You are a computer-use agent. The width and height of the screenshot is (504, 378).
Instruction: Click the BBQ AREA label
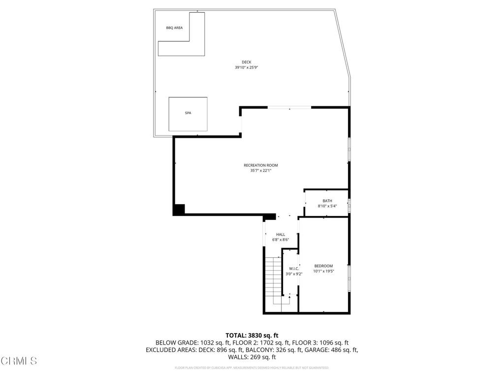coord(174,28)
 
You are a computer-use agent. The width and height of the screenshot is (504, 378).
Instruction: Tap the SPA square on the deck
coord(188,114)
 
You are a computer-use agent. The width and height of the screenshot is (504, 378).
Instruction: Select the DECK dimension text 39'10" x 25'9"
coord(246,67)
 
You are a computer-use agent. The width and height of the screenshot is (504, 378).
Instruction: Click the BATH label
coord(327,201)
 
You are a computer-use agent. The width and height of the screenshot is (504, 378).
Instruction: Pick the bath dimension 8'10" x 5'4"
coord(327,206)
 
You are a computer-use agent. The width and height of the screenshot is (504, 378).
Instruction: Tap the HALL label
coord(281,234)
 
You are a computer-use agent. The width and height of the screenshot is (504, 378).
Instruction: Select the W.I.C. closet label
coord(294,269)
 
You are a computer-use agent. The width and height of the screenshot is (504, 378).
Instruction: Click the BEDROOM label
coord(323,266)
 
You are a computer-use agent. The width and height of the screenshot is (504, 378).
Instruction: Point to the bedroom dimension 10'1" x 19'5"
coord(323,271)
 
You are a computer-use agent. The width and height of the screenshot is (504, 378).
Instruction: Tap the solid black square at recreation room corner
coord(179,209)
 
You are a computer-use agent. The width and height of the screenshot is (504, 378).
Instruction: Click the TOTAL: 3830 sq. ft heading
coord(252,335)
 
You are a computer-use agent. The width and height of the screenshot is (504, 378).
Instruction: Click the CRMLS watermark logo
coord(19,361)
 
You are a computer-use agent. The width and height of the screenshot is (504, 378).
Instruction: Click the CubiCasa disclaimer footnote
coord(252,368)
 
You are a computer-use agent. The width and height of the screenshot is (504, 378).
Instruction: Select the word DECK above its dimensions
coord(246,62)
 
